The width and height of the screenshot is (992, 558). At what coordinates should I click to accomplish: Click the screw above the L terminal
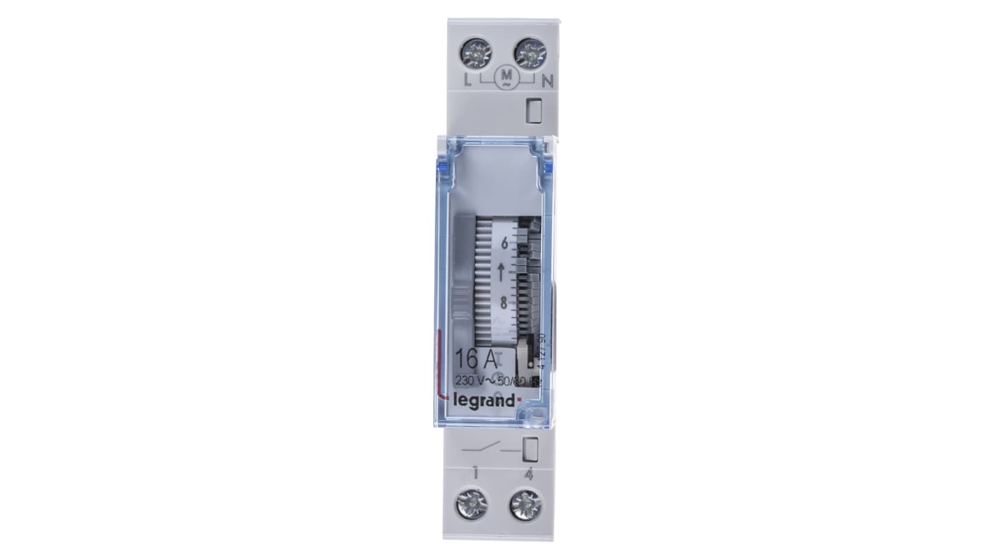coord(476,53)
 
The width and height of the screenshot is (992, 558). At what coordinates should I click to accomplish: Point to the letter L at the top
coord(467,80)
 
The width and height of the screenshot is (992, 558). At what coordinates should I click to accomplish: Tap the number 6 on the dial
coord(506,244)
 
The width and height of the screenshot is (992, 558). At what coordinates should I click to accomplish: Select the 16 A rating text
coord(476,360)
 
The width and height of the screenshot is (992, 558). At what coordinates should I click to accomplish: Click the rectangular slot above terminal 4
coord(530,449)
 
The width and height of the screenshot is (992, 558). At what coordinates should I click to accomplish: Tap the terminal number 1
coord(475,473)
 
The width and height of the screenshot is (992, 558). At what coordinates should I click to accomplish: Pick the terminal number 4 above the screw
coord(529,474)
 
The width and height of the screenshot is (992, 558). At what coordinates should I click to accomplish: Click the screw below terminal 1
coord(471,504)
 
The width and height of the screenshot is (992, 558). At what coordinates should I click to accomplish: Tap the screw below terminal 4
coord(525,504)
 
